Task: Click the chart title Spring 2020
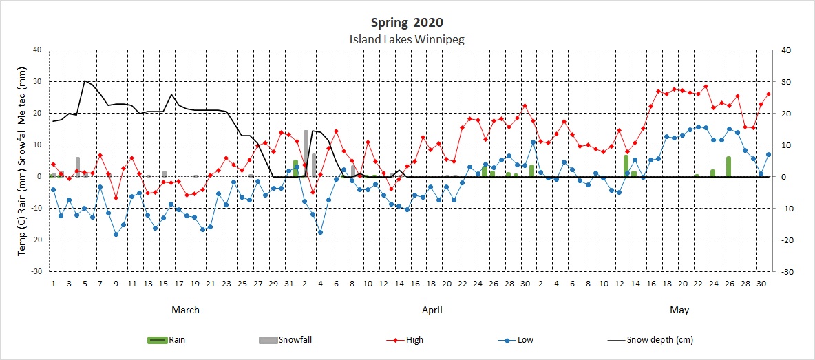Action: click(x=407, y=23)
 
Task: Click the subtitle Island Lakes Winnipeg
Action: click(x=407, y=39)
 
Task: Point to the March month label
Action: click(x=185, y=310)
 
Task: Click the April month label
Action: click(x=432, y=310)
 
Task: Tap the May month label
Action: click(x=679, y=310)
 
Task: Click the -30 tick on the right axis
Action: click(x=782, y=272)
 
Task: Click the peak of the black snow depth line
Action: click(x=85, y=81)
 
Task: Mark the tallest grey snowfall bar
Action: click(x=305, y=153)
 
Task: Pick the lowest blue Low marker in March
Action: click(x=116, y=235)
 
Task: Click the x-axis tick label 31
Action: click(x=289, y=283)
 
